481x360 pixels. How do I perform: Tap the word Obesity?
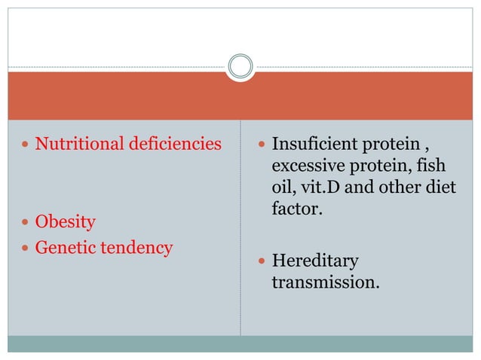[66, 222]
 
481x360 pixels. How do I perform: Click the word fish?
[442, 165]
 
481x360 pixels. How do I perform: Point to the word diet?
[442, 186]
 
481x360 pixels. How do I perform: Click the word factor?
[297, 207]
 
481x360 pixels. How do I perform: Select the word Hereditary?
[315, 261]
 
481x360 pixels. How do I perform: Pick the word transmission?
[325, 282]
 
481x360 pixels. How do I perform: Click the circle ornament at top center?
[240, 66]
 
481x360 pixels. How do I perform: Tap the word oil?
[282, 186]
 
